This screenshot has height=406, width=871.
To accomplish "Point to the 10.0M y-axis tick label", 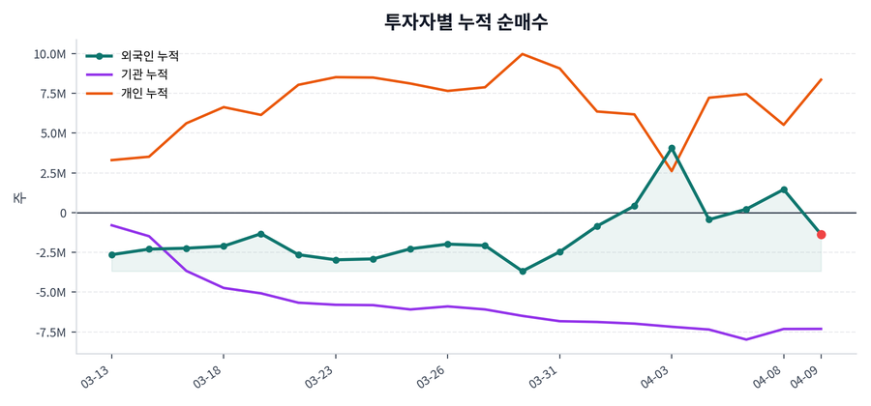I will coord(49,54).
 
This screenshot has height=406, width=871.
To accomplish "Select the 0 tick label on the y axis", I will coord(62,213).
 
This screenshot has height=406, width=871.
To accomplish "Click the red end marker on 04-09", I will coord(821,235).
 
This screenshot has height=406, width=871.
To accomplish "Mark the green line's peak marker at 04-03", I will coord(672,149).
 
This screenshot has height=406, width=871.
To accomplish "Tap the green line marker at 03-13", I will coord(112,255).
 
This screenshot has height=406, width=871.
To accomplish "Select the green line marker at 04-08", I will coord(784,189).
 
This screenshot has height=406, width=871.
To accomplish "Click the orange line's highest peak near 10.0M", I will coord(523,54).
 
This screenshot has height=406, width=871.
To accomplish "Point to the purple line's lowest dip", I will coord(746,339).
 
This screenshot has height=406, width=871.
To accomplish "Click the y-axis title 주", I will coord(18,198).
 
